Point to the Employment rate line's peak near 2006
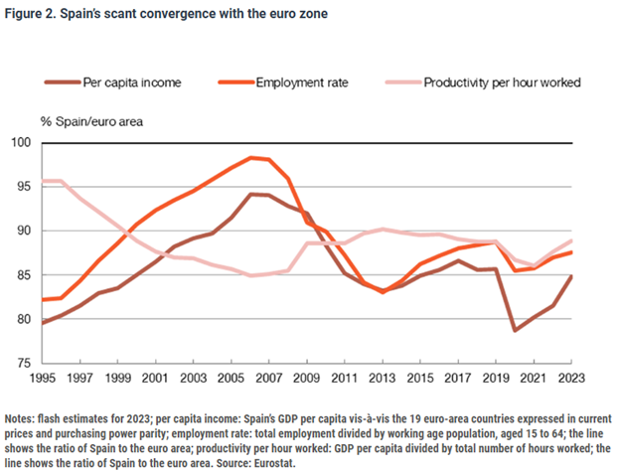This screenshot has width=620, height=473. tap(252, 157)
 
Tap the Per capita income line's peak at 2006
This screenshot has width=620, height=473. tap(252, 194)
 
